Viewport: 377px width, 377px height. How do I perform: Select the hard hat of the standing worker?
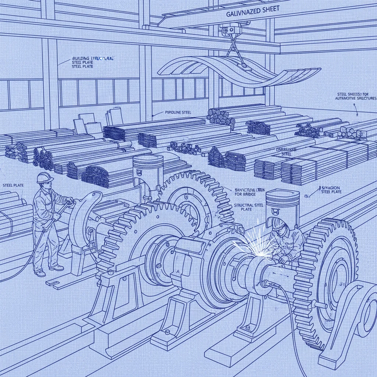coord(45,177)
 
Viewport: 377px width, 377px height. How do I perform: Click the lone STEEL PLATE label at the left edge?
coord(13,185)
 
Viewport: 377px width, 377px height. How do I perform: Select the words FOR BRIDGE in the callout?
coord(244,195)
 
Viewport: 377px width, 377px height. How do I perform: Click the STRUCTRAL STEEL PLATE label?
coord(249,207)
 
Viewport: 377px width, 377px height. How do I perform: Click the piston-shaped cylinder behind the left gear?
coord(148,168)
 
